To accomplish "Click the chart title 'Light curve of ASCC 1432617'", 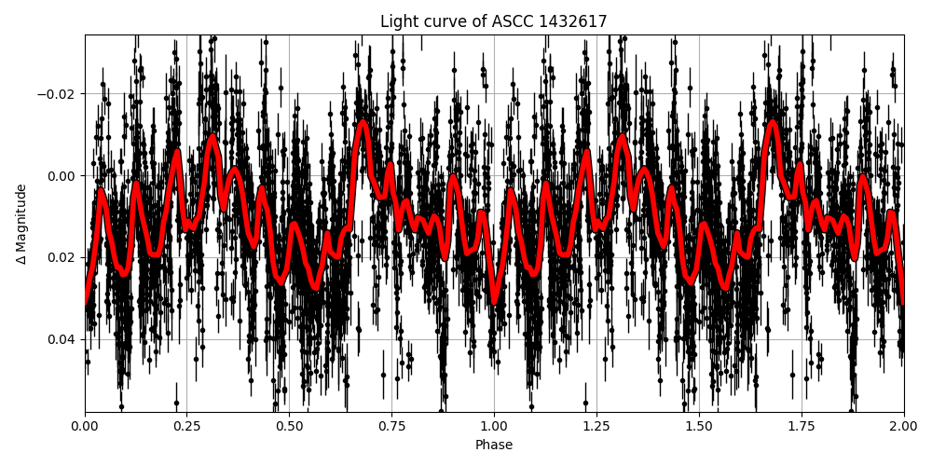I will [x=494, y=21].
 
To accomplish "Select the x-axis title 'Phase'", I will [x=494, y=445].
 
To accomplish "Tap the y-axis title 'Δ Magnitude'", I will [x=21, y=224].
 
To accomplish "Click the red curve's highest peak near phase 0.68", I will [x=363, y=122].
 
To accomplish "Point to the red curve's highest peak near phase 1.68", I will [x=772, y=122].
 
